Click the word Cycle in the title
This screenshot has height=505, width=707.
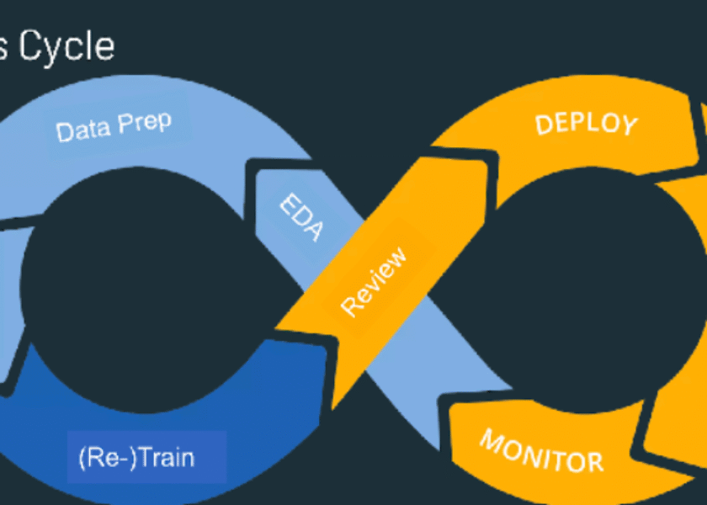67,46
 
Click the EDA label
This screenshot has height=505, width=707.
300,217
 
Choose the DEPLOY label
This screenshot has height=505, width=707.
586,124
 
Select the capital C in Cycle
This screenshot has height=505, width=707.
33,45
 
